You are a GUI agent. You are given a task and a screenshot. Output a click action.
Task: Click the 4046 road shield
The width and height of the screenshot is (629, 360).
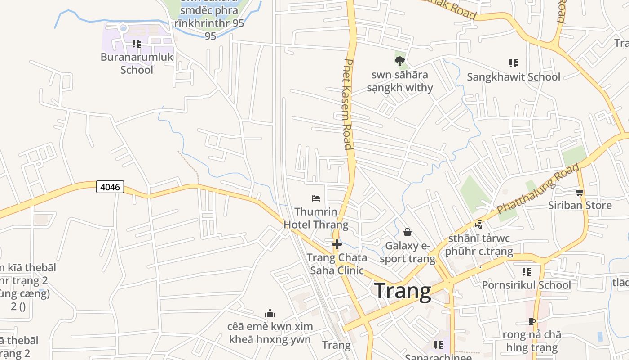tap(110, 187)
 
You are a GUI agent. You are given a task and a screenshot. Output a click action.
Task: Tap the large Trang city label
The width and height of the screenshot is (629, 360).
tap(403, 291)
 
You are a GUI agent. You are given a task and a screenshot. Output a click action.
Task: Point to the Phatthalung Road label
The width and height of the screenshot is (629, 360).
tap(538, 189)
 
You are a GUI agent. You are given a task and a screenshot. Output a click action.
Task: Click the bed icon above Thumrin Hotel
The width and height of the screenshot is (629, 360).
tap(316, 198)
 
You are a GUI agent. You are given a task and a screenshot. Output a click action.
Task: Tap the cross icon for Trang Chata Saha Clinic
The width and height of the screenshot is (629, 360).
tap(337, 244)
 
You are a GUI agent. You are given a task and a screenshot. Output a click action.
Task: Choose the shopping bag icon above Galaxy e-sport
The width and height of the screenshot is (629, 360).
tap(408, 232)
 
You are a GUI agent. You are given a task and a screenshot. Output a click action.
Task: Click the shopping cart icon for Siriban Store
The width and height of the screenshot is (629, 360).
tap(580, 193)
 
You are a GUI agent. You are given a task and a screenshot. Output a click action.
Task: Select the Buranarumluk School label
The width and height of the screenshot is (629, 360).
tap(137, 63)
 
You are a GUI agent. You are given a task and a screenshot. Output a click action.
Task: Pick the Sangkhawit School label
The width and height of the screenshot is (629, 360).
tap(514, 77)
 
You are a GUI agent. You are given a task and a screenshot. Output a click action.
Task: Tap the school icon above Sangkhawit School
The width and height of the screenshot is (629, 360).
tap(513, 63)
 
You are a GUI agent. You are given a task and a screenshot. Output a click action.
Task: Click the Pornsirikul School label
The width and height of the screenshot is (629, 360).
tap(526, 285)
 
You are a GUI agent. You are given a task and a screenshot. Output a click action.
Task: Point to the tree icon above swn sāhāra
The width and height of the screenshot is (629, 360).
tap(400, 61)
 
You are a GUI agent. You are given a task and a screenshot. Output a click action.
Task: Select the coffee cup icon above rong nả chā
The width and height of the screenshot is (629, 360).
tap(532, 321)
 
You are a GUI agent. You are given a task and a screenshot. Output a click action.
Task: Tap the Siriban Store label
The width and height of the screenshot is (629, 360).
tap(580, 205)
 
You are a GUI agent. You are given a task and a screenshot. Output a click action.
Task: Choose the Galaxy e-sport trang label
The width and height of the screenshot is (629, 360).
tap(408, 252)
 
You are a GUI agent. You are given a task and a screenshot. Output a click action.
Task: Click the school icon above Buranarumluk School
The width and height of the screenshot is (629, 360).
tap(137, 44)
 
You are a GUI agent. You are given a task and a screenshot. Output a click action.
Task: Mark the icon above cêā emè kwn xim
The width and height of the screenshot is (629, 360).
tap(270, 313)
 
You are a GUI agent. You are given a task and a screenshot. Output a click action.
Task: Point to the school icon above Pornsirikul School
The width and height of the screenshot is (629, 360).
tap(527, 271)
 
